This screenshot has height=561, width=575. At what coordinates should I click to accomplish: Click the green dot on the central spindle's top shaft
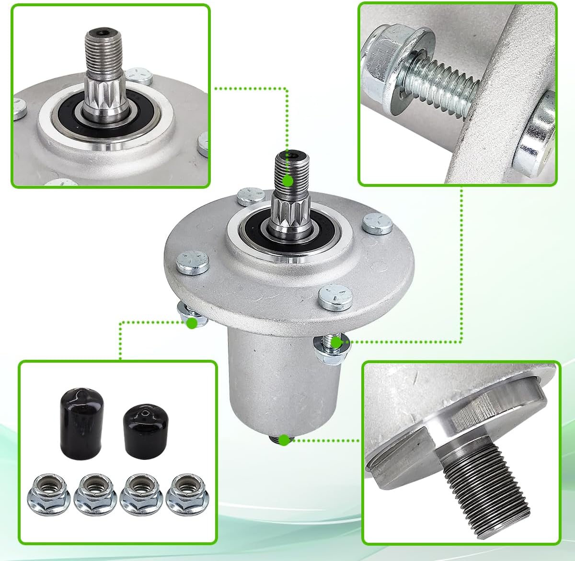[x=287, y=181]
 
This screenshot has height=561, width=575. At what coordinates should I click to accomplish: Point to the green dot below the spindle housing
[x=285, y=440]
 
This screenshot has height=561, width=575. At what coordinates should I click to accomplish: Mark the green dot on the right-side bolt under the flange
[x=336, y=342]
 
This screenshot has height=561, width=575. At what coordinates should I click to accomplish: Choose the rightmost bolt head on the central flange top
[x=378, y=223]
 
